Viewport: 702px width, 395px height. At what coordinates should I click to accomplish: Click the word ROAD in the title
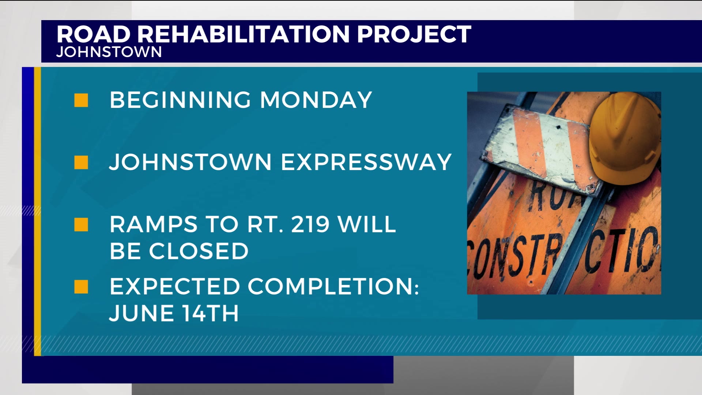click(x=94, y=34)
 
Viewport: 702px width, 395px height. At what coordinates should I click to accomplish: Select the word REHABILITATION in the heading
click(x=244, y=34)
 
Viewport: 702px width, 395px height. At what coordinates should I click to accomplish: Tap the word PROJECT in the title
click(x=414, y=34)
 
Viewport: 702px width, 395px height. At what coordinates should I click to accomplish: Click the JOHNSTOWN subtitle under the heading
click(x=109, y=52)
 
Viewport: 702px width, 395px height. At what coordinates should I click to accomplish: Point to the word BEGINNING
click(x=180, y=100)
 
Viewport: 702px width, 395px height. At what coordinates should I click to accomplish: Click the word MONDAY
click(x=316, y=100)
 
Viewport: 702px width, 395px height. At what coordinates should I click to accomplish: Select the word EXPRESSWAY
click(x=366, y=162)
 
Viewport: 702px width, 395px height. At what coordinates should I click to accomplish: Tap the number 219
click(x=310, y=224)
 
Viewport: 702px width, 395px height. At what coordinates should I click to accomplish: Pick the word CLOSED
click(x=199, y=251)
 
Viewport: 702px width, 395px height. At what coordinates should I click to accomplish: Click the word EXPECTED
click(x=175, y=286)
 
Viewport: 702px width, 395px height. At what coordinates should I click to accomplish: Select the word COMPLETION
click(x=333, y=286)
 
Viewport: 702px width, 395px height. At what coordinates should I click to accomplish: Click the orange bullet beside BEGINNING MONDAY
click(x=81, y=100)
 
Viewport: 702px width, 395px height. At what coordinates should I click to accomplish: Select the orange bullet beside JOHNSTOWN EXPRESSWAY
click(x=81, y=162)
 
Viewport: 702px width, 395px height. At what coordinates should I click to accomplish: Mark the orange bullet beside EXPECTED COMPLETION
click(x=81, y=287)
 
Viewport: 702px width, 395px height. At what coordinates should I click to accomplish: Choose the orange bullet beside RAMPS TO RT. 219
click(x=81, y=225)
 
